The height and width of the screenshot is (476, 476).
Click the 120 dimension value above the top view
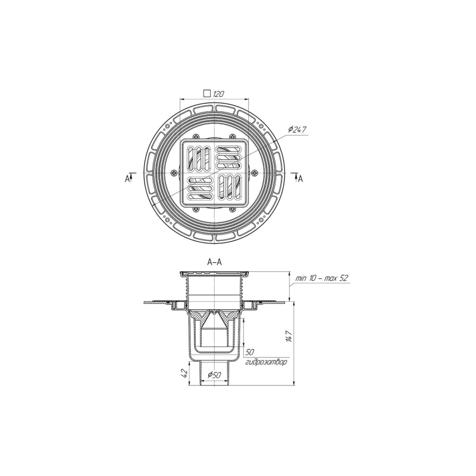[x=218, y=94]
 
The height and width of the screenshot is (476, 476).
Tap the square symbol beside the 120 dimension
[x=207, y=93]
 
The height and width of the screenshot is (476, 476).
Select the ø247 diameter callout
[x=297, y=130]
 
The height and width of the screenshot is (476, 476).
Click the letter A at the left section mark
[x=127, y=179]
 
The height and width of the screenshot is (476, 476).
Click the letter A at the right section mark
[x=300, y=179]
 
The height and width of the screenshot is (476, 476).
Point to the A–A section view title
[x=214, y=262]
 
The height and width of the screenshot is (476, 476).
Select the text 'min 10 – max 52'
[x=322, y=278]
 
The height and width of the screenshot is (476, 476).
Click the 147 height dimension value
[x=289, y=336]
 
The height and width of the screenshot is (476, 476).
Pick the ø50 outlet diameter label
[x=214, y=375]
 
